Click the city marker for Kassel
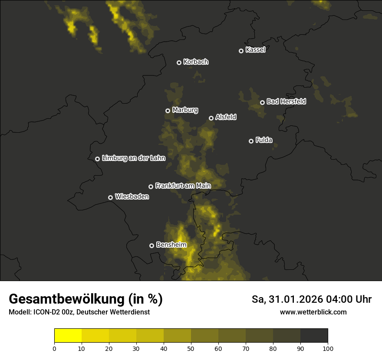241,51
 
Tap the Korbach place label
196,62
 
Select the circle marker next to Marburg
168,111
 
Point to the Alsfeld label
226,117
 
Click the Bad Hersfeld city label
286,101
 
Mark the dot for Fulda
251,141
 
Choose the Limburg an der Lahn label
134,158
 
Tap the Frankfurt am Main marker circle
151,187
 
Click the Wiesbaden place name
132,197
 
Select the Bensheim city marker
151,245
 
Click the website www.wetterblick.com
313,312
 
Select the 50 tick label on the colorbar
191,348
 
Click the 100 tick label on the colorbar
328,348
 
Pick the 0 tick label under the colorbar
54,348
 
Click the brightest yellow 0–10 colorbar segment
68,336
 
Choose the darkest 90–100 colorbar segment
314,336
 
